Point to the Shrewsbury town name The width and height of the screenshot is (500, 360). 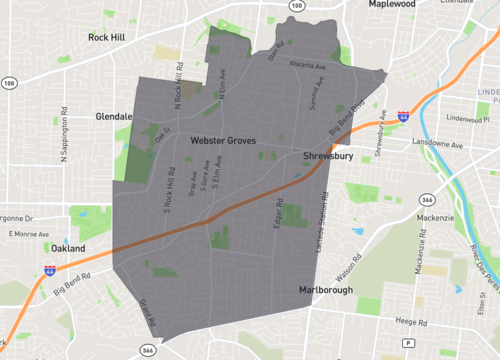pos(327,156)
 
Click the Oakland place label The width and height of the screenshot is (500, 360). pos(69,248)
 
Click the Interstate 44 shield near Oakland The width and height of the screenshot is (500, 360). pos(50,270)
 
